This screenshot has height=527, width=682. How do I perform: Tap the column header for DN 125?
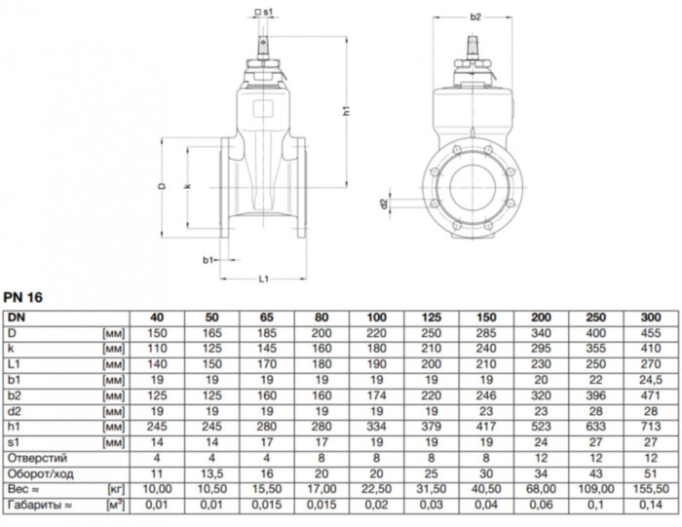point(430,318)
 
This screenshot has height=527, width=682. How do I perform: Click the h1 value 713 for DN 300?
point(650,426)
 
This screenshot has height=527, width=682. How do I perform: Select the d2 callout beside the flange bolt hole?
point(384,204)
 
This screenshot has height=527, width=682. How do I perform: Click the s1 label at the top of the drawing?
point(264,11)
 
